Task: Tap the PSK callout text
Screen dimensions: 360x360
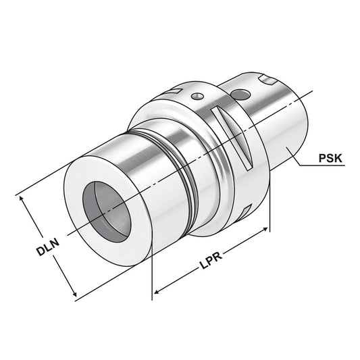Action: pos(330,160)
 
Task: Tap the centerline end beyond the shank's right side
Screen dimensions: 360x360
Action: pos(312,93)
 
